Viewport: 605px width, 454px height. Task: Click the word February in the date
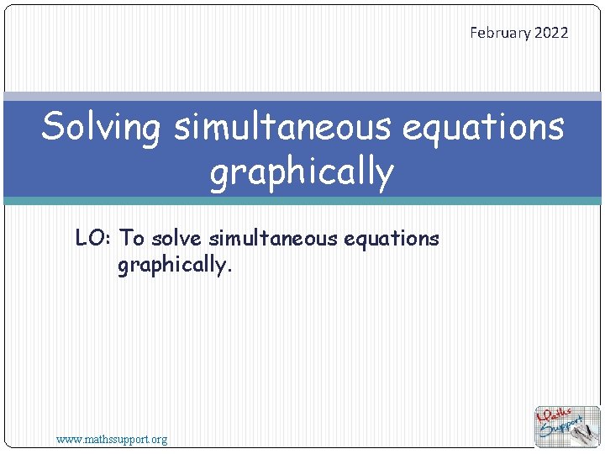(x=500, y=33)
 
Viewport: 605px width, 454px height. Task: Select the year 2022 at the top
(x=551, y=33)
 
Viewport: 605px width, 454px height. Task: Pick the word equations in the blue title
(x=483, y=128)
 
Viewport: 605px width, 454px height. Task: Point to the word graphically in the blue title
(x=302, y=172)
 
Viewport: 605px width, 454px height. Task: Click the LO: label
(x=94, y=239)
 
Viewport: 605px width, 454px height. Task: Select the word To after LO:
(x=133, y=239)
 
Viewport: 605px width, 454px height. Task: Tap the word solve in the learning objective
(x=177, y=239)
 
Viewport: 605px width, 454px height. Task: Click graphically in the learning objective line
(x=171, y=267)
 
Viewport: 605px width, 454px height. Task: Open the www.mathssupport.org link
(x=112, y=439)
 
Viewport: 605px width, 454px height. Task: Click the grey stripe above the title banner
(x=302, y=97)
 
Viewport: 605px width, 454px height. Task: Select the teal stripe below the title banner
(x=302, y=200)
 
